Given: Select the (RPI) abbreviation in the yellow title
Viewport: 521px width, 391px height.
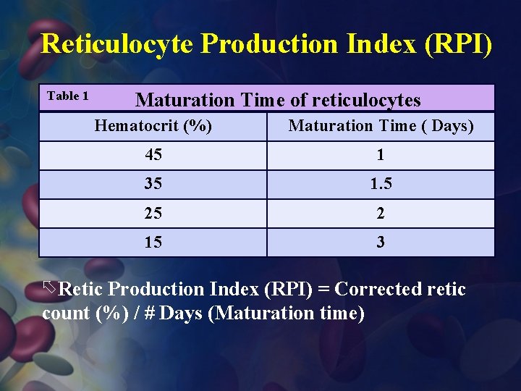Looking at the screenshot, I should pyautogui.click(x=458, y=44).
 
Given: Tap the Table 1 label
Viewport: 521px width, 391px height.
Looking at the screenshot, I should pyautogui.click(x=67, y=96).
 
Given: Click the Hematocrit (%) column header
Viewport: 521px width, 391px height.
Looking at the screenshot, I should pyautogui.click(x=153, y=126).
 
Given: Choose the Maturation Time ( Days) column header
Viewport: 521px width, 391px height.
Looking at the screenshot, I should pyautogui.click(x=381, y=126).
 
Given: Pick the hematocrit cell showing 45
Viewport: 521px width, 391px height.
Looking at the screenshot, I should pyautogui.click(x=153, y=155).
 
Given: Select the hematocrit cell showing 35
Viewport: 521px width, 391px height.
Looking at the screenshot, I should pyautogui.click(x=153, y=184).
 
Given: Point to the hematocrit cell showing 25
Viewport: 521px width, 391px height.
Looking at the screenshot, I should pyautogui.click(x=153, y=213).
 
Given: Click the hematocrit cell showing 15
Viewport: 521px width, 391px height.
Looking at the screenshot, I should pyautogui.click(x=153, y=242).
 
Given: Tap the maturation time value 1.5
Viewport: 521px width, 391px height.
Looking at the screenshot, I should pyautogui.click(x=381, y=184).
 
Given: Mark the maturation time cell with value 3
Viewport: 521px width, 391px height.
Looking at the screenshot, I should pyautogui.click(x=381, y=242).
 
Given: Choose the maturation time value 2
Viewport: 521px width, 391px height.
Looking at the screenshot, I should pyautogui.click(x=381, y=213).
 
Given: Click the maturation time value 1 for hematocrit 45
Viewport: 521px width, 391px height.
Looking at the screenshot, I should pyautogui.click(x=381, y=155).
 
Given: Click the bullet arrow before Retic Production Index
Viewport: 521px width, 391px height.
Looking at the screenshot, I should pyautogui.click(x=49, y=288).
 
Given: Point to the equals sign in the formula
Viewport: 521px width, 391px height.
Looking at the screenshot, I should pyautogui.click(x=323, y=290).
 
